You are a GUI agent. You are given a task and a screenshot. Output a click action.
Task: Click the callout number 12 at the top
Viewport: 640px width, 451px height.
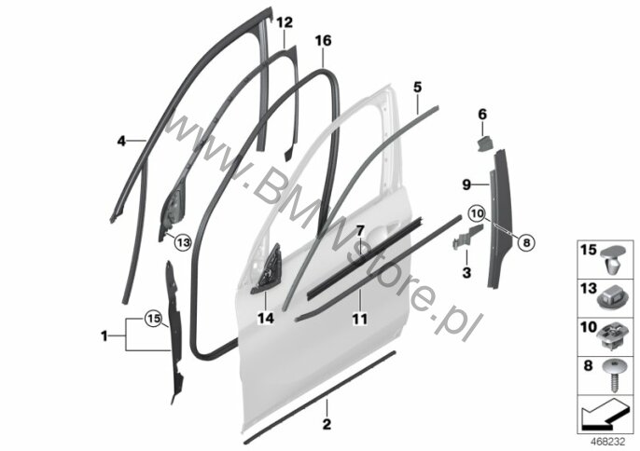click(285, 22)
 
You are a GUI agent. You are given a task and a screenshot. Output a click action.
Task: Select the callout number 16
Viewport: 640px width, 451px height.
click(323, 41)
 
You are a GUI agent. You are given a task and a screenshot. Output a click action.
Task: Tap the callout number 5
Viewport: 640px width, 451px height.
click(417, 87)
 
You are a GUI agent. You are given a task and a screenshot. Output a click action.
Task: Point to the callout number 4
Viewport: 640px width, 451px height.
click(121, 142)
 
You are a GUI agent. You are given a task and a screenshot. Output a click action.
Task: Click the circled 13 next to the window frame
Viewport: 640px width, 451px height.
click(183, 243)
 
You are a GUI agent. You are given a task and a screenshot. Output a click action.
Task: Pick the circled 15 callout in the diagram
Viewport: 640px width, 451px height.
click(153, 318)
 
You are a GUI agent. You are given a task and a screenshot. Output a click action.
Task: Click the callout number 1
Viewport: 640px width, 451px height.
click(104, 336)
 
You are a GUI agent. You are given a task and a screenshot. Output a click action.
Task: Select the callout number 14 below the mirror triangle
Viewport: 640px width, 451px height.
click(265, 318)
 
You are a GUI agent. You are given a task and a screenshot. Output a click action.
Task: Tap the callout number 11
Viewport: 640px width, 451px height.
click(359, 319)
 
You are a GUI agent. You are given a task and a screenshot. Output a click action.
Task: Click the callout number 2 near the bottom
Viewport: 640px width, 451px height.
click(327, 424)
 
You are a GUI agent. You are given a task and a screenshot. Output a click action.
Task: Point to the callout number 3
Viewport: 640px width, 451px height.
click(466, 272)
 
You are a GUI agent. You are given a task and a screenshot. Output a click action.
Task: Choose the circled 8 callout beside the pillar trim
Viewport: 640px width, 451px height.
click(526, 243)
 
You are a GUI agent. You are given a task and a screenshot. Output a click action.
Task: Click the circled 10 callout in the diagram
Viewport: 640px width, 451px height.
click(477, 212)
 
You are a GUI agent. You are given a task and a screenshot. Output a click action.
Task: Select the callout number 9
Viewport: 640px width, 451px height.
click(466, 185)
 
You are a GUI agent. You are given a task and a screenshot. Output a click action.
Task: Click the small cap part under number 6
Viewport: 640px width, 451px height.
click(485, 143)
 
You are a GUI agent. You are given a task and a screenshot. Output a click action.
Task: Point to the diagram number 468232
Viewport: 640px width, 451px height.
click(608, 442)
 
